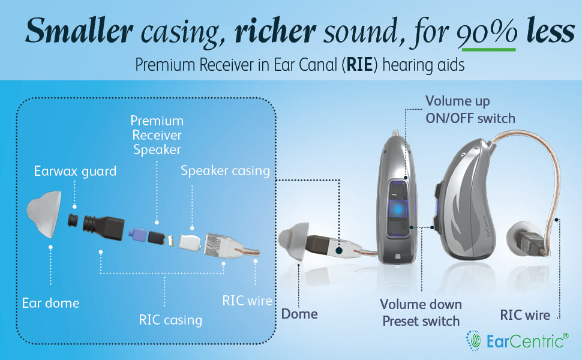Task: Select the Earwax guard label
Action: tap(75, 172)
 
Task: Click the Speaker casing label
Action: tap(226, 170)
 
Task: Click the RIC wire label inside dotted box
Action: tap(247, 301)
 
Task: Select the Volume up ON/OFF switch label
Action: tap(470, 109)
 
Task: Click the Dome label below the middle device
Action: tap(300, 313)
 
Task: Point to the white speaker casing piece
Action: tap(190, 241)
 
